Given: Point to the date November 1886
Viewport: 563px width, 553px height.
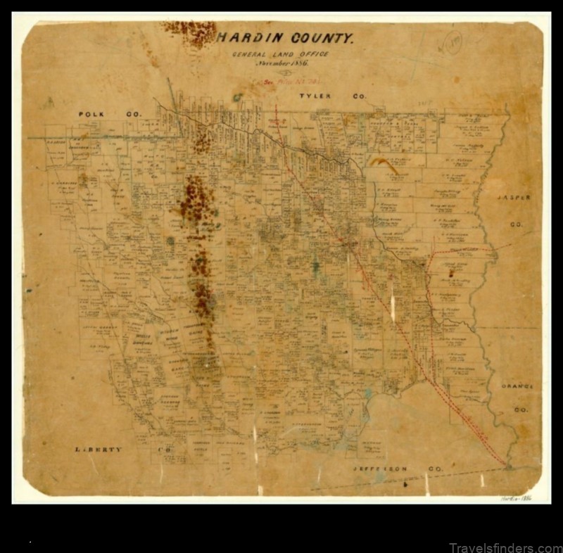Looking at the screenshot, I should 281,63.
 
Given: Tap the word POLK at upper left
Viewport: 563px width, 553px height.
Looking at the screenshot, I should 91,113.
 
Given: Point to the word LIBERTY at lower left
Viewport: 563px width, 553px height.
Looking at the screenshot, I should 99,449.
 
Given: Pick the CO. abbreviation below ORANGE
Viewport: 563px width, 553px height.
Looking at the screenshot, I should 521,409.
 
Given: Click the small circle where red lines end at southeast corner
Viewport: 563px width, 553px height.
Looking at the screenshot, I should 508,465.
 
